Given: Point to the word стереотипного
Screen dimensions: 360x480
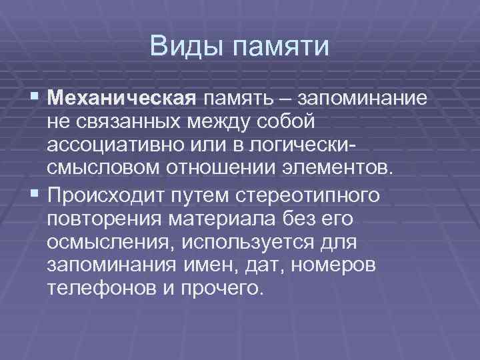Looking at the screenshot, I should pos(315,196).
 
